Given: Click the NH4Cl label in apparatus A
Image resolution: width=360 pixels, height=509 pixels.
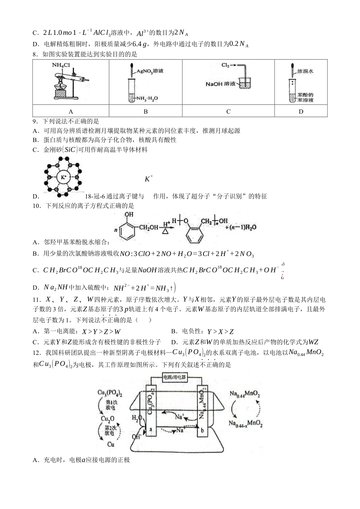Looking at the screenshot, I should click(61, 65).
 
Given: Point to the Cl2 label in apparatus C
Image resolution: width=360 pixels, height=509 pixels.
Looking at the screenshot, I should click(226, 65).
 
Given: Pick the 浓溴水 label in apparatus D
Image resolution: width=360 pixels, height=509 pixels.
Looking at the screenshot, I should click(305, 71).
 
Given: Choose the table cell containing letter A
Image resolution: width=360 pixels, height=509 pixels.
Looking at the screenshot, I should click(71, 111).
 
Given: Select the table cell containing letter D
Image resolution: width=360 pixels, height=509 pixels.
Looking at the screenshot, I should click(301, 111).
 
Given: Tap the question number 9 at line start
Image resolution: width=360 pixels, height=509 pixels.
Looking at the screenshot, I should click(35, 121).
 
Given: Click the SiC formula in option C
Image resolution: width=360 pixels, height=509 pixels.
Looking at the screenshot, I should click(70, 150).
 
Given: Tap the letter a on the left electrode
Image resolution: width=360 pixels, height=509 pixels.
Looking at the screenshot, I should click(150, 429).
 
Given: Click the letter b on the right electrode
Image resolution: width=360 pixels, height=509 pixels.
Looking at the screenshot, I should click(202, 430).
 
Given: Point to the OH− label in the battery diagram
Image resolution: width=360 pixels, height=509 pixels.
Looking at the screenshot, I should click(136, 436).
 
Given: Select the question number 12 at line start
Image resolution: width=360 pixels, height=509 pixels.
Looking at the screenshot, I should click(36, 353).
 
